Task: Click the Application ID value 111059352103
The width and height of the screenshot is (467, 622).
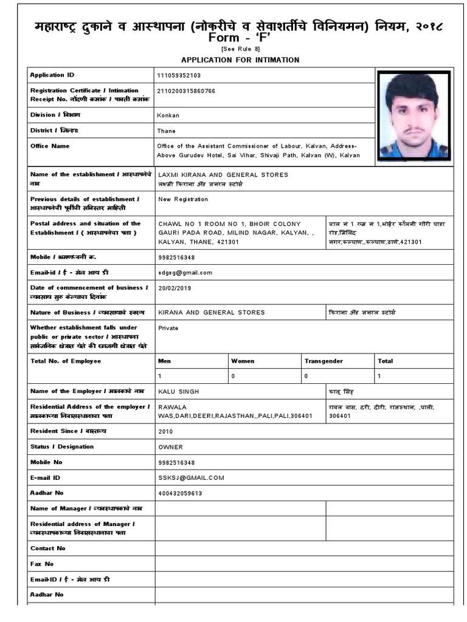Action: (179, 75)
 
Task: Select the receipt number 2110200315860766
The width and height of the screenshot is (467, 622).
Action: (187, 91)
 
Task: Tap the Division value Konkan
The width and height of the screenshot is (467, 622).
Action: (168, 115)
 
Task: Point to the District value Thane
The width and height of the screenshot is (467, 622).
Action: (167, 131)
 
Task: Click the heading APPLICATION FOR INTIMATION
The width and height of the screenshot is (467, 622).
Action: (240, 60)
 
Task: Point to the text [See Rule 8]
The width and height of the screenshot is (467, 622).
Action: (240, 49)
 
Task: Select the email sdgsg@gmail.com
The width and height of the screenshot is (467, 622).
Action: (185, 273)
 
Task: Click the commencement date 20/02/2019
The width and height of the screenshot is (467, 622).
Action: (175, 289)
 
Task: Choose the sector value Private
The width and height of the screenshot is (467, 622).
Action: (168, 327)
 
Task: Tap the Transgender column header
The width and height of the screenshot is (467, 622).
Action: (323, 361)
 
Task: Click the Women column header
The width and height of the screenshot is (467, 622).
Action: (243, 361)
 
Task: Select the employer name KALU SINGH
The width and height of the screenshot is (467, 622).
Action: (179, 392)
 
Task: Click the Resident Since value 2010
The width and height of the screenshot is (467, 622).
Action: (165, 431)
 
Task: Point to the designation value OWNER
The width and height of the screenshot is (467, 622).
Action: (170, 446)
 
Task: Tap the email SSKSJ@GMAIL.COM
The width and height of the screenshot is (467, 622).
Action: (191, 478)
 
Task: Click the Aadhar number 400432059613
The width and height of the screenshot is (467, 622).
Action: (180, 493)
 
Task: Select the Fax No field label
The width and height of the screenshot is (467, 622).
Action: (42, 564)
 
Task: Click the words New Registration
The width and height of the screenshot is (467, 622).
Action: (183, 199)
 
